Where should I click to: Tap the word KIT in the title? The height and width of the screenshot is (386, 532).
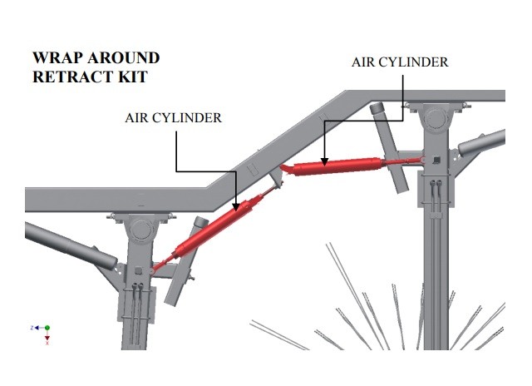[x=135, y=77]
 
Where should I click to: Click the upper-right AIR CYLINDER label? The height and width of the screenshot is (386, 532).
[x=400, y=62]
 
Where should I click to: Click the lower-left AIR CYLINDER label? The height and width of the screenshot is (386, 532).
[x=173, y=118]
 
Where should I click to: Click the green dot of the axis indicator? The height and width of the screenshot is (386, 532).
[x=47, y=329]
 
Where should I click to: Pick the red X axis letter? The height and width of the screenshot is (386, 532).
[x=47, y=343]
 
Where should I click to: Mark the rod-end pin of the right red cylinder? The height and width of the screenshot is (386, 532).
[x=424, y=158]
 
